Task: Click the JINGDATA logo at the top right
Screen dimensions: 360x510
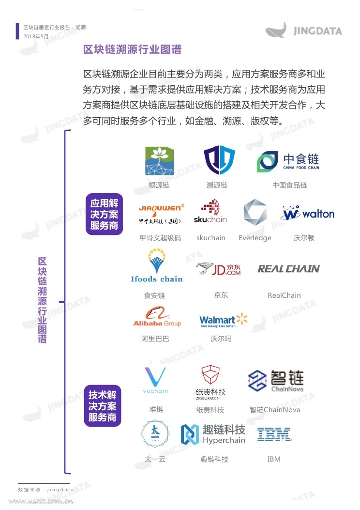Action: point(303,30)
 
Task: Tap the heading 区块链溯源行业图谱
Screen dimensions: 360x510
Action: point(132,49)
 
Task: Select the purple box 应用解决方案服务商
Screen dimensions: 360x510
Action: point(105,214)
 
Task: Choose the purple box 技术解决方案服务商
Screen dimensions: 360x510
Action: point(103,405)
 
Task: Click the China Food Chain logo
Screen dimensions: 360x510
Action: point(288,161)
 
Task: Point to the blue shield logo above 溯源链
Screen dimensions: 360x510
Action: point(219,160)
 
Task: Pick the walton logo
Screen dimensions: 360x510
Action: point(307,213)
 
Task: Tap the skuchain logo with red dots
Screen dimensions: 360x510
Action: point(210,212)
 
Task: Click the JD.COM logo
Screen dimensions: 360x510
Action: point(218,269)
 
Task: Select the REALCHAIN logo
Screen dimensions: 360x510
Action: point(288,269)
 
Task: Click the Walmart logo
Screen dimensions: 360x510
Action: point(224,320)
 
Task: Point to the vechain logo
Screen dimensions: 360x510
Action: point(156,380)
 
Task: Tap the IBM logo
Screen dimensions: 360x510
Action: point(274,434)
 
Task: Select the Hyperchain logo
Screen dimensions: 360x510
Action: point(213,434)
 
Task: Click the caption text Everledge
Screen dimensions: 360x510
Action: point(255,238)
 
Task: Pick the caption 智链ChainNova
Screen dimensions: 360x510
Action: point(275,410)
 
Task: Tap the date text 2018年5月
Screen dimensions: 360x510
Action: point(36,36)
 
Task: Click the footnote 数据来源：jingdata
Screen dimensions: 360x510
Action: point(46,490)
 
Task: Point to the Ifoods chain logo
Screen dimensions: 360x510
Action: point(157,265)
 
